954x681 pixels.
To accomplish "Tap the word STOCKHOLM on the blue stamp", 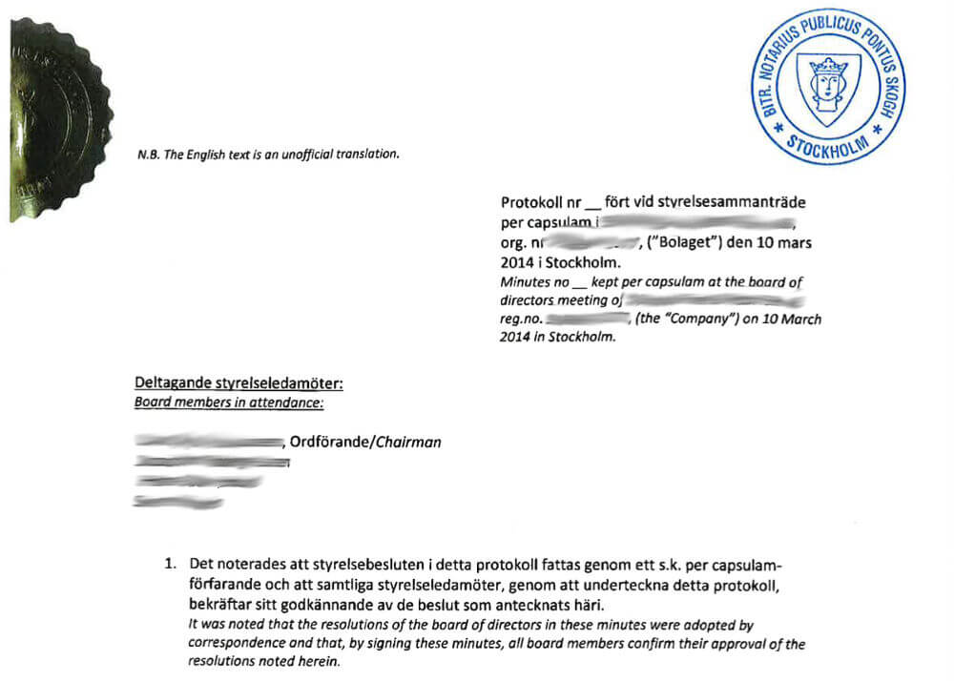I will [x=827, y=146].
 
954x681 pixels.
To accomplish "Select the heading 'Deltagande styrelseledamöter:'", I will [x=238, y=384].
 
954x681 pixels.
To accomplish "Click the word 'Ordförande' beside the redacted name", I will [x=327, y=442].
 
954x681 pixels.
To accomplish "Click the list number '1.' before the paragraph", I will [x=170, y=563].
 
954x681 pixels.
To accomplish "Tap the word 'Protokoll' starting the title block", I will [x=532, y=203].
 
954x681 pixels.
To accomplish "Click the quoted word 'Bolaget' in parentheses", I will [x=687, y=242].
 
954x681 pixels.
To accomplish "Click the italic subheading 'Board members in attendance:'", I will [x=229, y=402].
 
